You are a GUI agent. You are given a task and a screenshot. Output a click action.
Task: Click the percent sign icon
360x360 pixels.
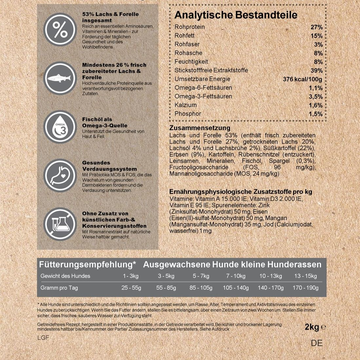pyautogui.click(x=60, y=30)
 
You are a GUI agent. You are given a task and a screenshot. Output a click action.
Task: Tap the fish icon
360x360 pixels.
pyautogui.click(x=60, y=79)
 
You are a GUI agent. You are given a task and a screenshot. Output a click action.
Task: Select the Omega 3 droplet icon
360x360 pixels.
pyautogui.click(x=60, y=127)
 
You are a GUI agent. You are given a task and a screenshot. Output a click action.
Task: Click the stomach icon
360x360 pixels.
pyautogui.click(x=60, y=176)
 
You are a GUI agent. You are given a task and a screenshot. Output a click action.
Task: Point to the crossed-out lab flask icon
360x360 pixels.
pyautogui.click(x=60, y=224)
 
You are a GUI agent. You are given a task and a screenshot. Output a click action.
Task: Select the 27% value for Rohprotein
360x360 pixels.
pyautogui.click(x=316, y=27)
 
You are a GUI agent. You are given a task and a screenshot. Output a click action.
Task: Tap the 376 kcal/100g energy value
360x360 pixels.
pyautogui.click(x=302, y=79)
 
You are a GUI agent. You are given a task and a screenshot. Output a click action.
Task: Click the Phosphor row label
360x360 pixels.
pyautogui.click(x=188, y=114)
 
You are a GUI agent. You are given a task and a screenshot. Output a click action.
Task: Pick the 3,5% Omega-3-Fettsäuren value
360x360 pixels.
pyautogui.click(x=315, y=97)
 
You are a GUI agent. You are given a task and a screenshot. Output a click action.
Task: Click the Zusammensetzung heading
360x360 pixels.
pyautogui.click(x=200, y=128)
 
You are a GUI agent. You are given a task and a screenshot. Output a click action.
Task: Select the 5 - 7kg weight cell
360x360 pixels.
pyautogui.click(x=201, y=276)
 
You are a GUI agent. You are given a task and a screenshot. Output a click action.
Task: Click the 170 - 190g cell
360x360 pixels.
pyautogui.click(x=305, y=288)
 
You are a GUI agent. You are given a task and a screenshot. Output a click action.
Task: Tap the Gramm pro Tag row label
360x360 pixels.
pyautogui.click(x=59, y=288)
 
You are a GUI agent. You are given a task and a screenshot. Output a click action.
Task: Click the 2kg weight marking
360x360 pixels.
pyautogui.click(x=312, y=327)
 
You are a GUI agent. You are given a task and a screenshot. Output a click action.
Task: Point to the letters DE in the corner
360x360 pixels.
pyautogui.click(x=317, y=343)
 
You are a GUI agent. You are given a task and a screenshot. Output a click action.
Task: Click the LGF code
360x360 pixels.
pyautogui.click(x=43, y=337)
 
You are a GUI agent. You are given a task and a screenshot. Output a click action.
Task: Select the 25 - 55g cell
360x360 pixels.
pyautogui.click(x=131, y=288)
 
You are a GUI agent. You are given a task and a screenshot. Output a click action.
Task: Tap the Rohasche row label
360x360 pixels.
pyautogui.click(x=188, y=53)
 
